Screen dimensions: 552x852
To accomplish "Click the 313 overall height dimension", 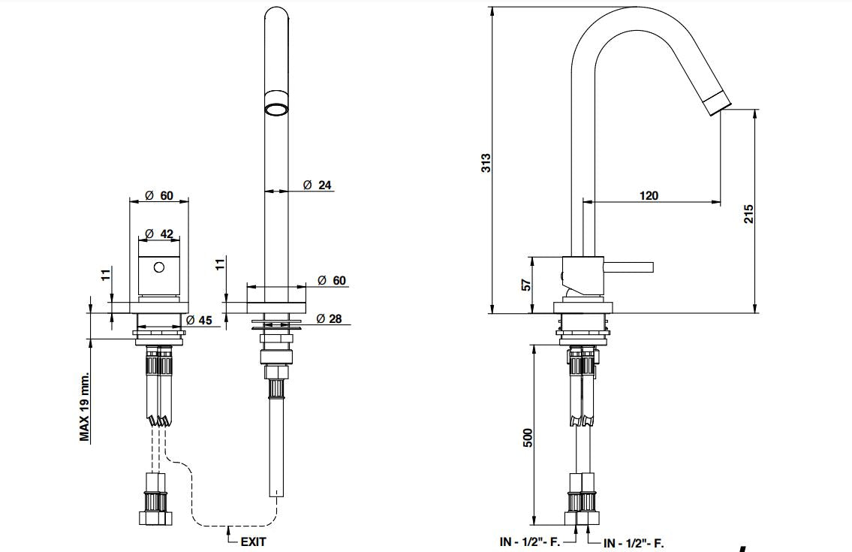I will (486, 163).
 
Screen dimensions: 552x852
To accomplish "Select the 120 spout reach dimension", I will (649, 195).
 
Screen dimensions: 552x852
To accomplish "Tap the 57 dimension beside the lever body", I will (526, 285).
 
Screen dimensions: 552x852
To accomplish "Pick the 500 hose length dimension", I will (527, 438).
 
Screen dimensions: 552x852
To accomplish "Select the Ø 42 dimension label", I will (158, 234).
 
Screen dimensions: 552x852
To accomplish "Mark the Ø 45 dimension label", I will (199, 321).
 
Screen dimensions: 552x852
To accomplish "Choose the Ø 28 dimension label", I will (329, 318).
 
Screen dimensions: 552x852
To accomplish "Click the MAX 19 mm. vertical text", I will (85, 406).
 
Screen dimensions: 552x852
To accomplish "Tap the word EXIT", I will (253, 541).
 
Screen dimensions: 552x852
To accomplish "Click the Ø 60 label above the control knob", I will (158, 195).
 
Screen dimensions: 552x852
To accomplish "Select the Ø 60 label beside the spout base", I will (331, 280).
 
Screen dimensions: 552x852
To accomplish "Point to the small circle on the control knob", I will (158, 266).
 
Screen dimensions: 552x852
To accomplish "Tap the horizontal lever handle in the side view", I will (630, 267).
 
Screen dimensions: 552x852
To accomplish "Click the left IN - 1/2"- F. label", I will (530, 541).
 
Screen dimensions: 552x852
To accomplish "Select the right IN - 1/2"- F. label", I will (634, 542).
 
